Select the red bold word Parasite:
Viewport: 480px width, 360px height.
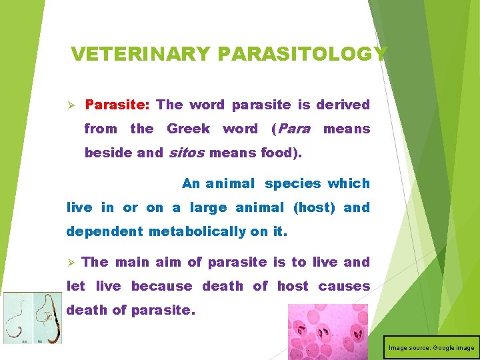click(119, 105)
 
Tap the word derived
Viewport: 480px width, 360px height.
click(343, 105)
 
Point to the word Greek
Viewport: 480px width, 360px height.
click(188, 129)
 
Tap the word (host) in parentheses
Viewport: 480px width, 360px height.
click(314, 207)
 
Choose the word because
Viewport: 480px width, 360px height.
click(162, 286)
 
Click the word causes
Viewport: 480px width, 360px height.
click(344, 286)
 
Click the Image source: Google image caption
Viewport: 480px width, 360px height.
click(431, 347)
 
